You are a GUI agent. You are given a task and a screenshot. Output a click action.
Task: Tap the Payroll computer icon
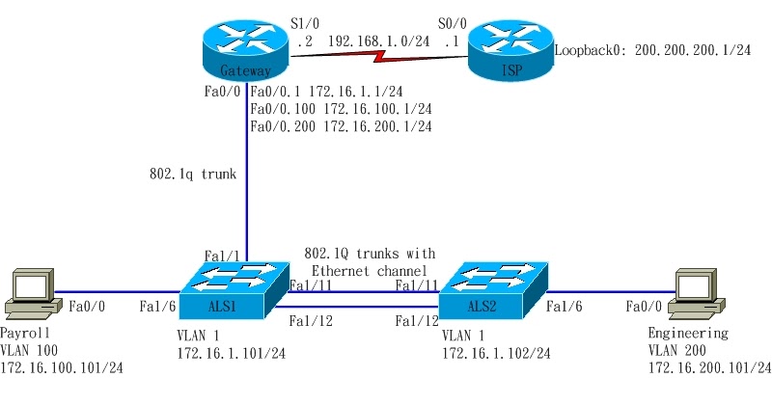click(x=29, y=294)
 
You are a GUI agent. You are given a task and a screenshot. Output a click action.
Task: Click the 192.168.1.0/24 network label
click(x=372, y=41)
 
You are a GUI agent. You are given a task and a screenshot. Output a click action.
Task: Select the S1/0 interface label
click(x=305, y=23)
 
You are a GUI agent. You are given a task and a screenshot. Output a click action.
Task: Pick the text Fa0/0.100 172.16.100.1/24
click(x=341, y=109)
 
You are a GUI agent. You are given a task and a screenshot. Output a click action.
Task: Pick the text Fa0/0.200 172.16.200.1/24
click(x=341, y=126)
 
